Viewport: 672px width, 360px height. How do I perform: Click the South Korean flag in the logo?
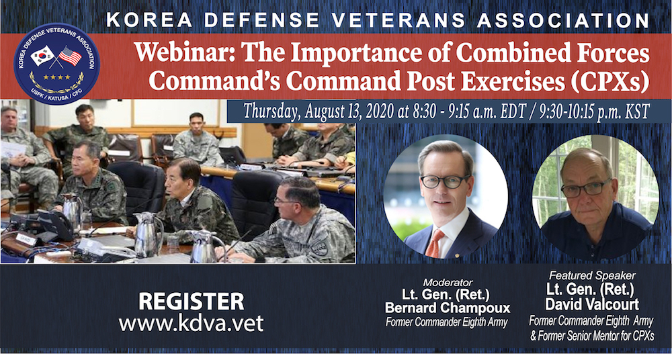coord(42,56)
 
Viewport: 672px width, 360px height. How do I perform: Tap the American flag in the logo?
coord(71,56)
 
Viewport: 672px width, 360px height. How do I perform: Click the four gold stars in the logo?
coord(56,77)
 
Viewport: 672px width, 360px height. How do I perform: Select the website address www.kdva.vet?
coord(191,323)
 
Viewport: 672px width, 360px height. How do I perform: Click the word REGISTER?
coord(191,302)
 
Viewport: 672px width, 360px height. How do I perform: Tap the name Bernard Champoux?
coord(448,308)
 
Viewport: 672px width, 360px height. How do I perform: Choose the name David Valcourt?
coord(592,305)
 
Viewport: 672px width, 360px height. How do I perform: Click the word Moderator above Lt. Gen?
coord(448,283)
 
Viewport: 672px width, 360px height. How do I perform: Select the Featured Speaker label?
coord(592,275)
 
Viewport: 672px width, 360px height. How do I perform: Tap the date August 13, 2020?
coord(349,111)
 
